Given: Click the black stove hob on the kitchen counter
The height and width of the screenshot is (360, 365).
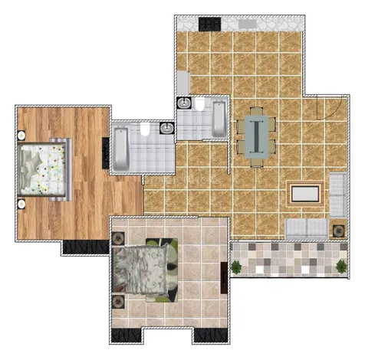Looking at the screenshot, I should coord(209,23).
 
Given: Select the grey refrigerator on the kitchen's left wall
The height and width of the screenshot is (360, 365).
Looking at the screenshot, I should coord(183,81).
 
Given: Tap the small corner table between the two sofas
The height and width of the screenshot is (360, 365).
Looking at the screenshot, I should coord(337,228).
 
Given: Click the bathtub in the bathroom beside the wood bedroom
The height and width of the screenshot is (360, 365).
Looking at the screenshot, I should coord(123,149).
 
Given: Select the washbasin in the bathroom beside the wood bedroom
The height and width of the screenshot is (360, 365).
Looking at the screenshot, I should coord(166,129).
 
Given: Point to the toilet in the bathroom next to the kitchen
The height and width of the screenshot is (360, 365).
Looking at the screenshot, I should coord(200,106).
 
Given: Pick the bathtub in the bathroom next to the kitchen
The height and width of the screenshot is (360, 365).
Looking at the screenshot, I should coord(218,118).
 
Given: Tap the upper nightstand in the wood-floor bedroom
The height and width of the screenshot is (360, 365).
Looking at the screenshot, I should coord(21,135).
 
